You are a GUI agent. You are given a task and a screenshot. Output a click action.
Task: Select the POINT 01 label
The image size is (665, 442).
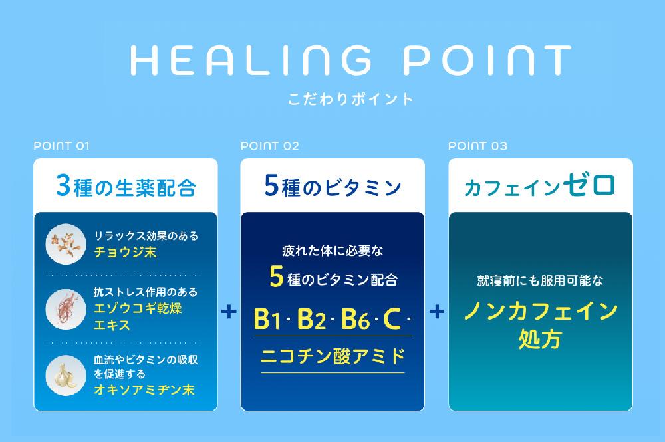pos(61,146)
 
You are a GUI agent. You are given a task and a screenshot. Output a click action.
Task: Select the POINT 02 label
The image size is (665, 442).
pos(270,146)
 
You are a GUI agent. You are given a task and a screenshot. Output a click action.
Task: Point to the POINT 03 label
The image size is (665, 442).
pos(477,146)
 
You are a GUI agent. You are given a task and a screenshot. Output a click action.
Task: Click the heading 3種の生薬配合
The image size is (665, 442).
pos(126,187)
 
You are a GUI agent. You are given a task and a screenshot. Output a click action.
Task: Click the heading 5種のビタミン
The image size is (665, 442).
pos(332,187)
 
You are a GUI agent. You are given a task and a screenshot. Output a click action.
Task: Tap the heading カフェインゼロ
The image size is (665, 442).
pos(539,185)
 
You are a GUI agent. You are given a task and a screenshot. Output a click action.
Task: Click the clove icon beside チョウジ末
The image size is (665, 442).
pos(65,244)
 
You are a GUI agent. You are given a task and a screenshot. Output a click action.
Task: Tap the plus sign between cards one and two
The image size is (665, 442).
pos(229,311)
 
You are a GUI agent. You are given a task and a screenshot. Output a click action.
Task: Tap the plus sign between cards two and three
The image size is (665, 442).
pos(437,311)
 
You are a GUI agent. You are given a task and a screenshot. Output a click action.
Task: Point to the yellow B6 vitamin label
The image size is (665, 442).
pos(354,320)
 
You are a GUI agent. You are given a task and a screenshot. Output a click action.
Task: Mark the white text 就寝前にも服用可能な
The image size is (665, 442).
pos(539,281)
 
